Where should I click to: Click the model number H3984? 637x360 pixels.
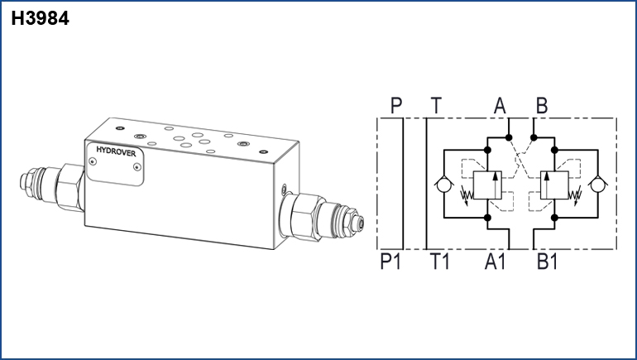40,18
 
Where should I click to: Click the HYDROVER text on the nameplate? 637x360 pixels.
116,152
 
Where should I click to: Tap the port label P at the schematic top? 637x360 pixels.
396,106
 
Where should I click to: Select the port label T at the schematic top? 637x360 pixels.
436,106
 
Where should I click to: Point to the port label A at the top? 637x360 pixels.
500,106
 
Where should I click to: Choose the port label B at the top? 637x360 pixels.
542,106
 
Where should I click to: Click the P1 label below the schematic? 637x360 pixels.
390,261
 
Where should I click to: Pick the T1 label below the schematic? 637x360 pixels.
440,261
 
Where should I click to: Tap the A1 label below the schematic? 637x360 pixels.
495,261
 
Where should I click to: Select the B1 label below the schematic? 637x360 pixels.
547,261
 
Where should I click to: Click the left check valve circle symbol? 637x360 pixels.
444,184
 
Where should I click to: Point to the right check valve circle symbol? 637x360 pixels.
597,184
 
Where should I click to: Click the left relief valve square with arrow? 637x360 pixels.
487,185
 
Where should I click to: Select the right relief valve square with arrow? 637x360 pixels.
554,185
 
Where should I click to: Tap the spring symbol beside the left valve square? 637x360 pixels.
467,195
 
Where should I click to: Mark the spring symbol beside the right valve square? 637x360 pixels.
575,195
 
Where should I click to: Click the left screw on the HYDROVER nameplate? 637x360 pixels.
93,161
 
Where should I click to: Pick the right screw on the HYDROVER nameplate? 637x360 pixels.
137,166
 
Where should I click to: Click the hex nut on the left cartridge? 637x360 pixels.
69,187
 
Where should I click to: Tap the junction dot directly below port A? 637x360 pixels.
509,137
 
